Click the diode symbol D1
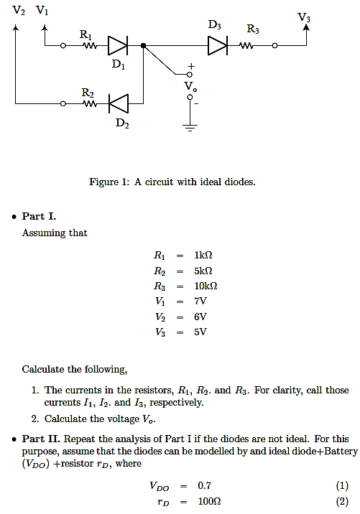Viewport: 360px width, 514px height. pyautogui.click(x=118, y=46)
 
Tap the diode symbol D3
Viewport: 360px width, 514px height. pyautogui.click(x=218, y=46)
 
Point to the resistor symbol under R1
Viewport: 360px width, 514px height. pyautogui.click(x=90, y=46)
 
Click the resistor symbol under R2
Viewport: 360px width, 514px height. pyautogui.click(x=90, y=104)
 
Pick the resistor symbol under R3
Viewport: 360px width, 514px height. pyautogui.click(x=246, y=46)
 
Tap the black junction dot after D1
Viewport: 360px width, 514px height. pyautogui.click(x=144, y=46)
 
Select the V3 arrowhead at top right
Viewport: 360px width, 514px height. pyautogui.click(x=306, y=27)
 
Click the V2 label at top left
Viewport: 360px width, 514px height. pyautogui.click(x=18, y=10)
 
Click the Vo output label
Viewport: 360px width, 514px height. pyautogui.click(x=190, y=86)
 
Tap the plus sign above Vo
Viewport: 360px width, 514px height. pyautogui.click(x=190, y=65)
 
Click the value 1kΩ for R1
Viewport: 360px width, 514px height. pyautogui.click(x=203, y=255)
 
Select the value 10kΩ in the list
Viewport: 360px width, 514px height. pyautogui.click(x=206, y=286)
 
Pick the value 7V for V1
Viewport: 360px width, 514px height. pyautogui.click(x=200, y=301)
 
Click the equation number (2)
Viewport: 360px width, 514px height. pyautogui.click(x=342, y=501)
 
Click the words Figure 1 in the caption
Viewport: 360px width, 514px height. pyautogui.click(x=108, y=182)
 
